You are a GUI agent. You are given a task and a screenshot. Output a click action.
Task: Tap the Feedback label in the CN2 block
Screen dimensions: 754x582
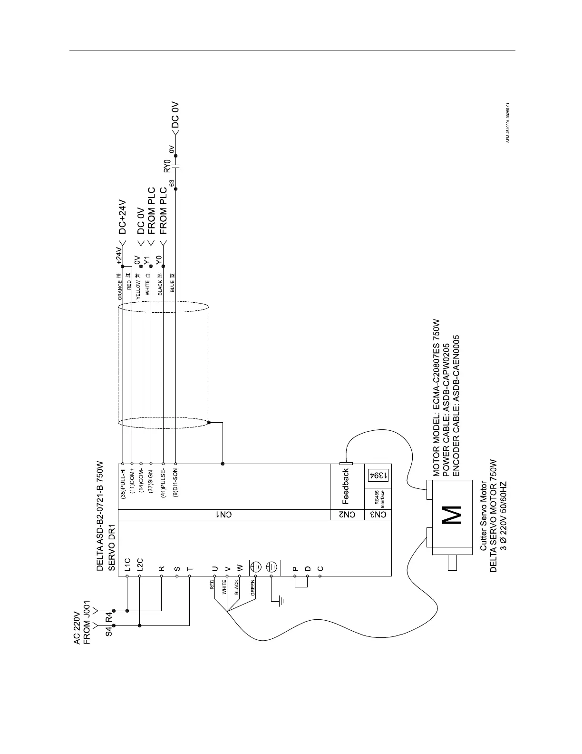(346, 486)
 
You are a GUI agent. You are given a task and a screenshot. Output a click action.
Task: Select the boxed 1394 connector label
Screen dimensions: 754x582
(378, 475)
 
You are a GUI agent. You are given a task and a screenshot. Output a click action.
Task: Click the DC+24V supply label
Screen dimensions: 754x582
(122, 217)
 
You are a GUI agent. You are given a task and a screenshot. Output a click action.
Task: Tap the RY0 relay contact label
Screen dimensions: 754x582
(166, 166)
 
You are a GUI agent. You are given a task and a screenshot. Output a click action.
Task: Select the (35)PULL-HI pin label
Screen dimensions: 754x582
(123, 484)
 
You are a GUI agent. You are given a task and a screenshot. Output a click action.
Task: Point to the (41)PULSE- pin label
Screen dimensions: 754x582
(163, 483)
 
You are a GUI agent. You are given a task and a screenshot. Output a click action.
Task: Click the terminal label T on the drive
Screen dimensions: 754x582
(190, 568)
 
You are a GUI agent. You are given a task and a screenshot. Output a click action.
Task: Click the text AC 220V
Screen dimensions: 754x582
(77, 628)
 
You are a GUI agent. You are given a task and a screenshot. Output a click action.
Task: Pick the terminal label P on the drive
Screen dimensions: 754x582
(295, 568)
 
